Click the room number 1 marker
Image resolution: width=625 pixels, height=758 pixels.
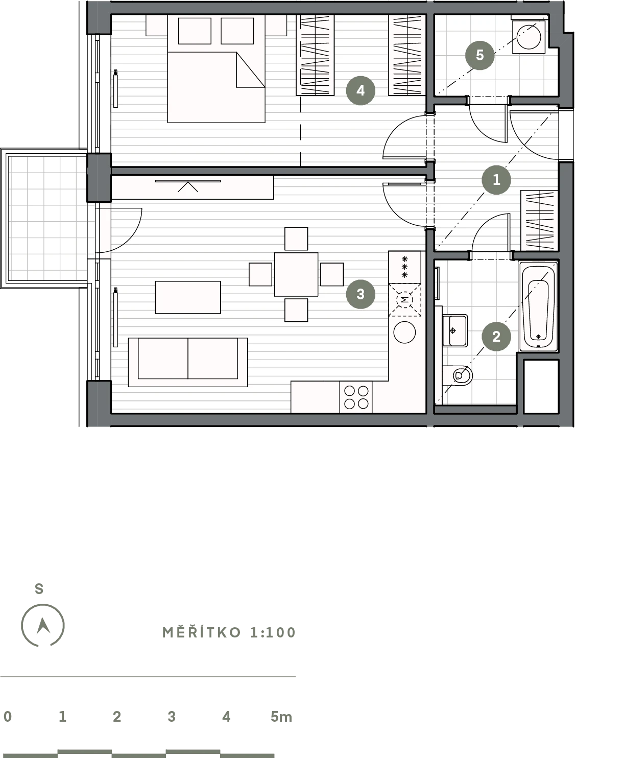(x=496, y=180)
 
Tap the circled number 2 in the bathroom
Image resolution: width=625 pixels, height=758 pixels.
(x=496, y=337)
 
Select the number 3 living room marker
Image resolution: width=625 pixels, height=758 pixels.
(x=360, y=294)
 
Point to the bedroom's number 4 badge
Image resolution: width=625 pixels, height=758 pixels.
(x=360, y=90)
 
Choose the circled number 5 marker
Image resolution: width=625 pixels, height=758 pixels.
(x=480, y=55)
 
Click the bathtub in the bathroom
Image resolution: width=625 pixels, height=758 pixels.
(x=538, y=306)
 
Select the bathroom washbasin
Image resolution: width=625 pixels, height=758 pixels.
(x=455, y=330)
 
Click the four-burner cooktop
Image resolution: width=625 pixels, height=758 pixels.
(x=356, y=397)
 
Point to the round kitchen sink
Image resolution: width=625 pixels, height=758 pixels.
(x=405, y=332)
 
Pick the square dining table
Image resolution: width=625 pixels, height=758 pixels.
(x=296, y=274)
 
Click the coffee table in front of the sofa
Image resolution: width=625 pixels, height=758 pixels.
(x=188, y=297)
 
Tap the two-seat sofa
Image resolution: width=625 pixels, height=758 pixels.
(x=188, y=362)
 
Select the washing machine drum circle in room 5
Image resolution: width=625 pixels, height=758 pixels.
(x=529, y=37)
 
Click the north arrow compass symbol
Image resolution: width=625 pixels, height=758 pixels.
(x=43, y=626)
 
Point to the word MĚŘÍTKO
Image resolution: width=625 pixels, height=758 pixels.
(x=201, y=632)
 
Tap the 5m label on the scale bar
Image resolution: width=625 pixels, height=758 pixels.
(x=281, y=717)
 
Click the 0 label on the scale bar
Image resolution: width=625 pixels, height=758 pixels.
(x=8, y=717)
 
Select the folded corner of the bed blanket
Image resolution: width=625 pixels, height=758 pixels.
(x=250, y=69)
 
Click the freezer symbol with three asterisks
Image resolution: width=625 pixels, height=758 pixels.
(x=405, y=267)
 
